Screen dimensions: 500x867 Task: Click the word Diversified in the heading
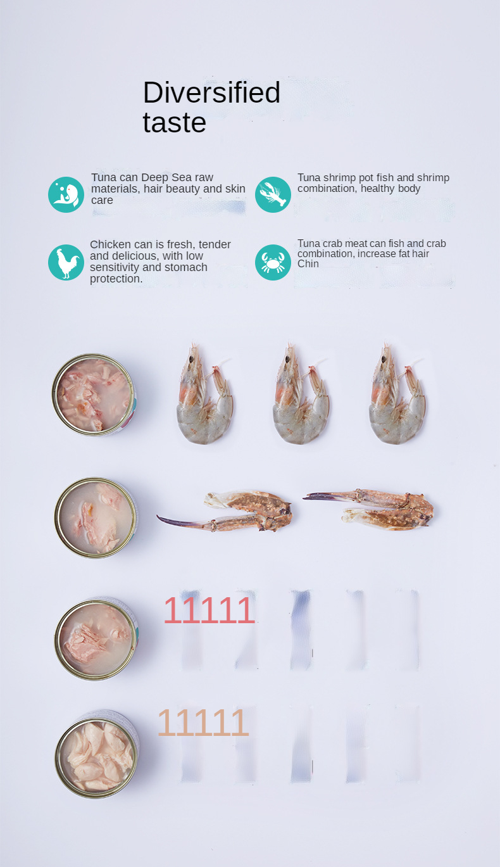[211, 92]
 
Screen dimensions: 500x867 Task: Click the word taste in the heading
[174, 122]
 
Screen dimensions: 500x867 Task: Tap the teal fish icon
[66, 194]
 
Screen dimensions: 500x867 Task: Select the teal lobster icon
[273, 194]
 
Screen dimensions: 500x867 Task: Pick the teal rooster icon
[66, 262]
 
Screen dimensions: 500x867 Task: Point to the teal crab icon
[273, 262]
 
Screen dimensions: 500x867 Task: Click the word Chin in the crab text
[308, 264]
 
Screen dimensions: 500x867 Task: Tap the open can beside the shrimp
[94, 394]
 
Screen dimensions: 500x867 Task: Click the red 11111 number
[209, 610]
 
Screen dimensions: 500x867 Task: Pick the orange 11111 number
[203, 722]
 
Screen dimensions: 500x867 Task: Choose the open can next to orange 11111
[97, 753]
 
